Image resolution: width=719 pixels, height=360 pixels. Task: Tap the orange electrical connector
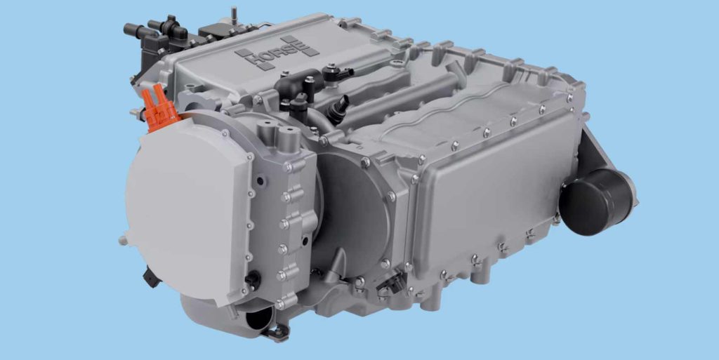click(x=159, y=108)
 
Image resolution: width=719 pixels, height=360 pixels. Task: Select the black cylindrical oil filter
click(x=597, y=201)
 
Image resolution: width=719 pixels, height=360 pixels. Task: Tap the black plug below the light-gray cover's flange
click(x=253, y=279)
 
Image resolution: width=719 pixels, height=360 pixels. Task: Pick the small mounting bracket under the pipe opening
click(x=277, y=333)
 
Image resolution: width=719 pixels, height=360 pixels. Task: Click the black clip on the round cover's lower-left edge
click(x=152, y=277)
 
